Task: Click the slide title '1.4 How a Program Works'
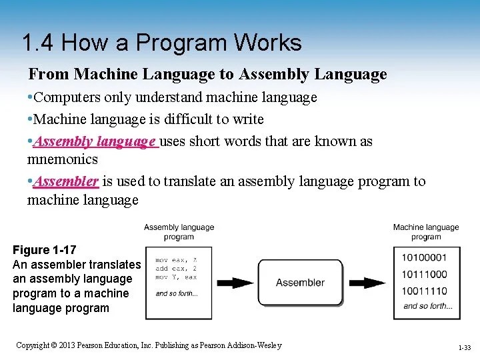point(161,43)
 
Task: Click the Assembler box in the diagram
point(300,282)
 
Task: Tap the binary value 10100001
point(425,257)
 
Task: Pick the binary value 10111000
point(425,274)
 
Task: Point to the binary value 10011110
point(425,291)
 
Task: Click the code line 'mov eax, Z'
point(176,260)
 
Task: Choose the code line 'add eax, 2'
point(176,268)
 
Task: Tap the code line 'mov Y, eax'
point(176,277)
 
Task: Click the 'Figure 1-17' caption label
point(45,250)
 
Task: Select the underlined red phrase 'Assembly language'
point(95,141)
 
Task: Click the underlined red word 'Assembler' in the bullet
point(66,181)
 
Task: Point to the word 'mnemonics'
point(62,159)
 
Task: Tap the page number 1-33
point(464,348)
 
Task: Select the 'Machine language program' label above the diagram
point(426,232)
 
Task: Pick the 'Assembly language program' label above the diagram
point(179,232)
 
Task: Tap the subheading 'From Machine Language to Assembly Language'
point(207,74)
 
